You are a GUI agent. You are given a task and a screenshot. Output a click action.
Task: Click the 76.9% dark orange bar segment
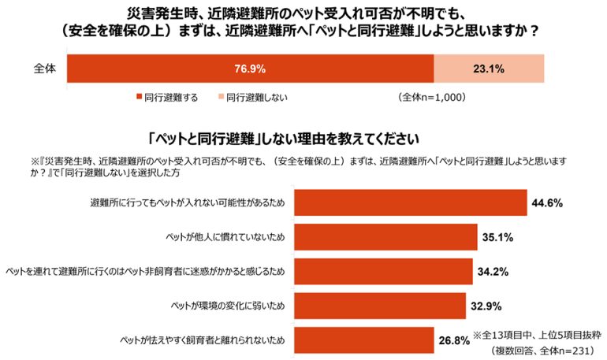[x=250, y=68]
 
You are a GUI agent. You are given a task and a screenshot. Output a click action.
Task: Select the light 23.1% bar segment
[x=488, y=68]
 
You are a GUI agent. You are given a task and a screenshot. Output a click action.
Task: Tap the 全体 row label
[x=45, y=69]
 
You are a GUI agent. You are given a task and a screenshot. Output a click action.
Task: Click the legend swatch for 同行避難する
[x=138, y=98]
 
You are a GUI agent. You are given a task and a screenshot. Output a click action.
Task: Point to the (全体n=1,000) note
[x=433, y=98]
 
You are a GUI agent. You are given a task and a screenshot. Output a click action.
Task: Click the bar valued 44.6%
[x=410, y=202]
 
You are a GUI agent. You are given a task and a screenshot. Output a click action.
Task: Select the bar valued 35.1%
[x=386, y=236]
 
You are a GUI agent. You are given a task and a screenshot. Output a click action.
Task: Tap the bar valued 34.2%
[x=383, y=270]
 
